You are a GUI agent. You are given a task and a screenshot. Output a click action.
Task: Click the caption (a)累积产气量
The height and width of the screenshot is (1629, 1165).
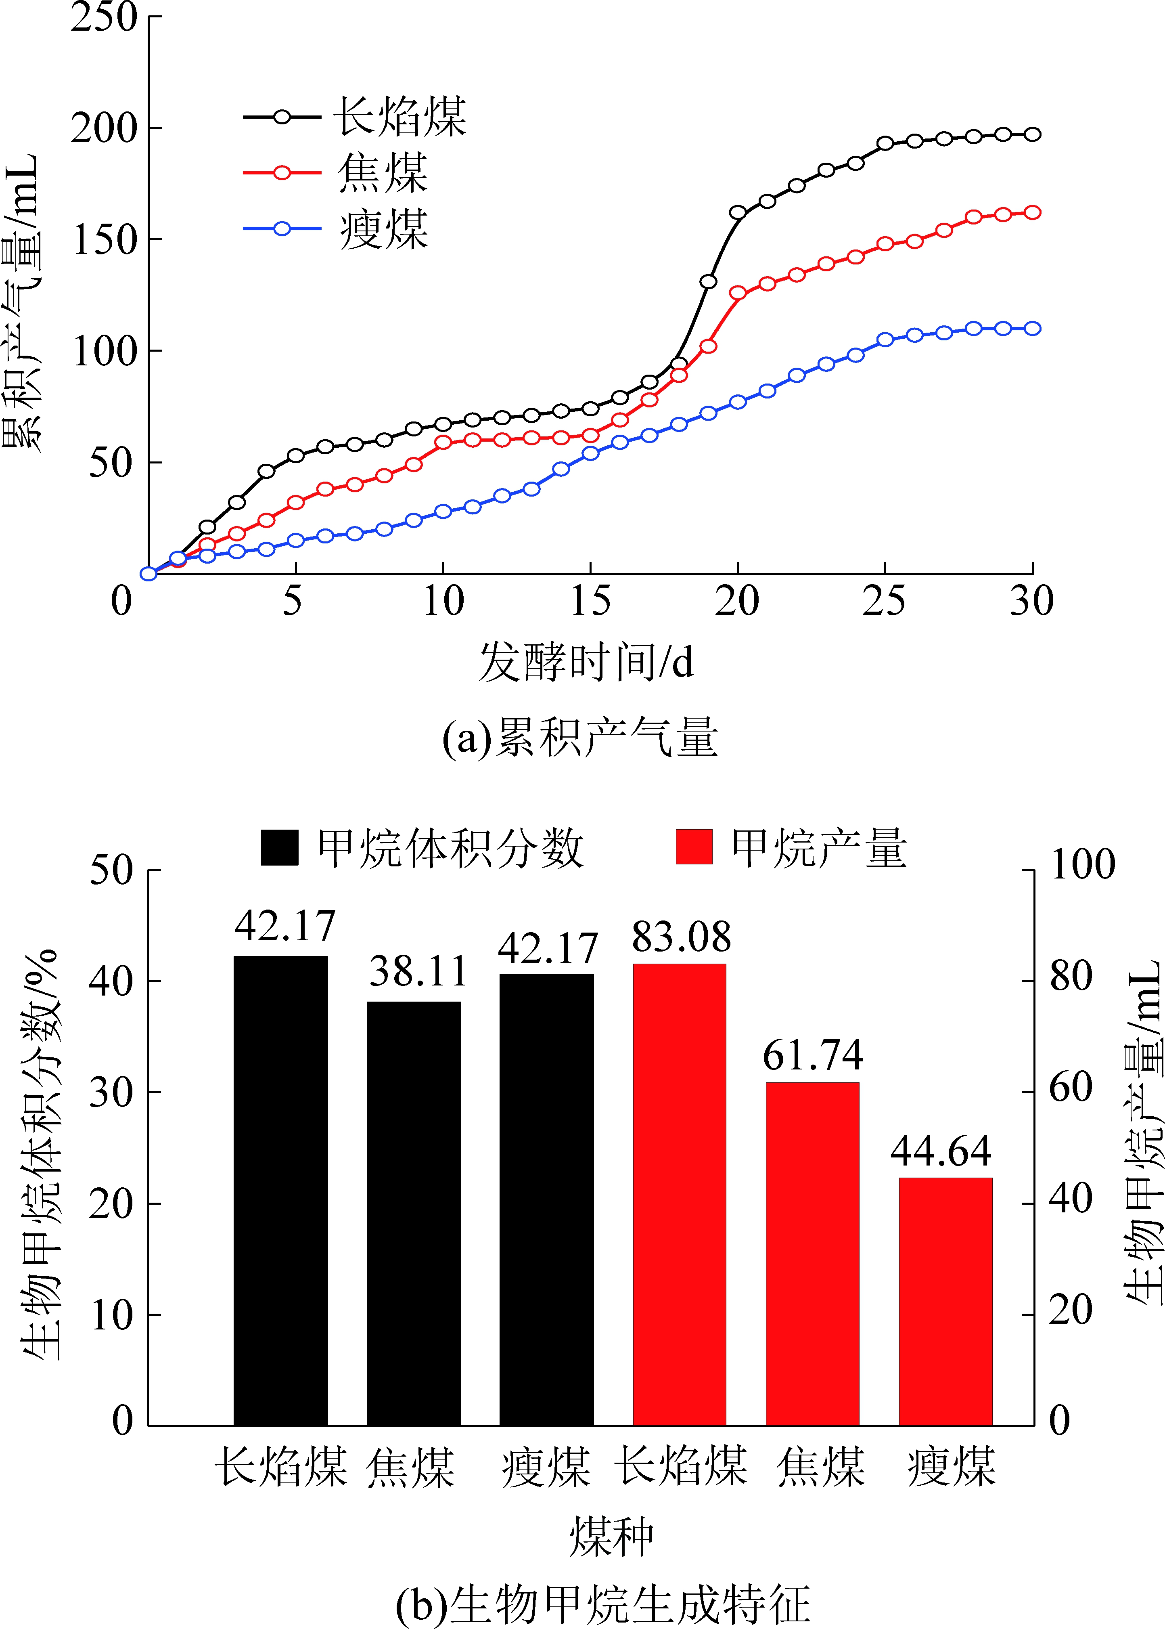(x=579, y=737)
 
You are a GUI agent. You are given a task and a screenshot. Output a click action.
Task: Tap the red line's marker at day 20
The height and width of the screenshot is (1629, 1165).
(x=737, y=293)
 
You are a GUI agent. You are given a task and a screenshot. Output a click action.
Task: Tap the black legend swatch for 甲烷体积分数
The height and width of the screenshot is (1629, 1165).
(x=280, y=847)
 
